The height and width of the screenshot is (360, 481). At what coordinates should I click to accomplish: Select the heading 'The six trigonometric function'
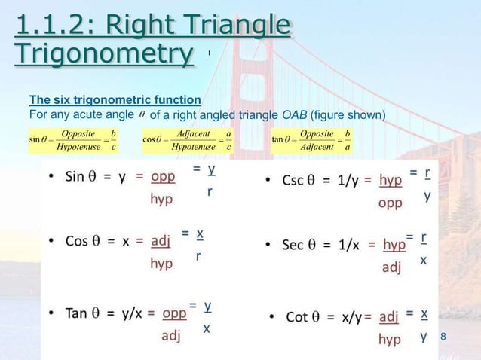(115, 99)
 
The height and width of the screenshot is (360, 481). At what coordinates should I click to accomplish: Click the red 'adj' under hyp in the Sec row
(391, 267)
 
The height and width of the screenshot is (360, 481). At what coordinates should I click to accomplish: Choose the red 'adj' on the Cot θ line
(388, 316)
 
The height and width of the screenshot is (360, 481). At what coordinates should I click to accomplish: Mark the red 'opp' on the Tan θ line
(173, 312)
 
